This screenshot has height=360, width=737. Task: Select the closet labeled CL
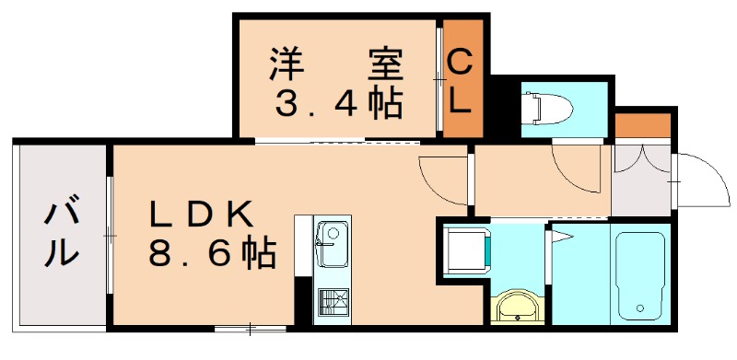[x=460, y=81]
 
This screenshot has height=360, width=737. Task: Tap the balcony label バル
[x=61, y=235]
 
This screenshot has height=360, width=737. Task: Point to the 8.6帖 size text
[x=212, y=251]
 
